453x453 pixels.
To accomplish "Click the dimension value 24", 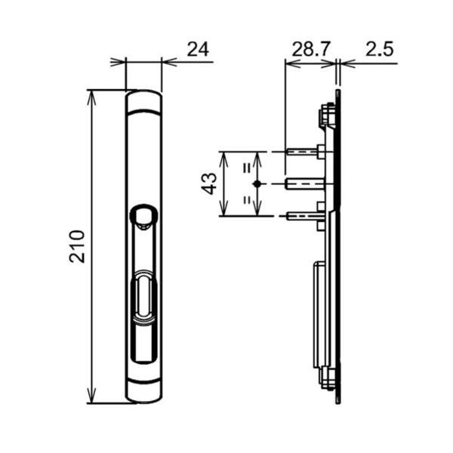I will click(x=198, y=50).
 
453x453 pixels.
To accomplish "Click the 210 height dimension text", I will click(x=76, y=246).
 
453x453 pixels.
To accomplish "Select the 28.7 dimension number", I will click(x=310, y=50).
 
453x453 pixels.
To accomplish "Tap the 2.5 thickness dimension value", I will click(x=379, y=50).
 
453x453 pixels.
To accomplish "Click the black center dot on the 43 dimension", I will click(x=257, y=183).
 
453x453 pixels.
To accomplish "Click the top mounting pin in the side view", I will click(x=306, y=152).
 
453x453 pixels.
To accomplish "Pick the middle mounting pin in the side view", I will click(x=306, y=183).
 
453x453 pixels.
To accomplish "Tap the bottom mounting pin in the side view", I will click(x=306, y=216).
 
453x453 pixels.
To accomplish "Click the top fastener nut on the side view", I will click(x=326, y=116).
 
